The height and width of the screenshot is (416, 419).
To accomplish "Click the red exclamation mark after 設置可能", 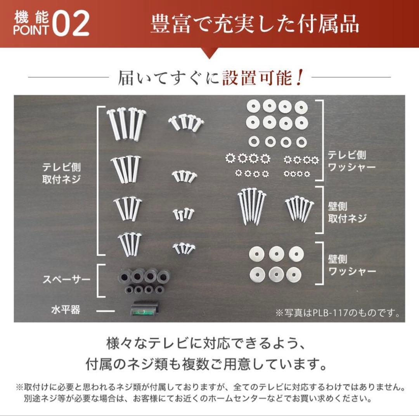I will point(298,78).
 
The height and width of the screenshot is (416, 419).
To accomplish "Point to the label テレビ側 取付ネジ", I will point(62,173).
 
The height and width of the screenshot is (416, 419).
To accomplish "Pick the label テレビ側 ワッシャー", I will point(351,161).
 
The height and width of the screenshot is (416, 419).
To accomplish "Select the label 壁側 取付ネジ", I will point(347,212).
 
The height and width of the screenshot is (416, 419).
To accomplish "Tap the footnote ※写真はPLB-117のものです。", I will point(338,313).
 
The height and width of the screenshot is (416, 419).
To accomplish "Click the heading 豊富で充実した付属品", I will point(255,24).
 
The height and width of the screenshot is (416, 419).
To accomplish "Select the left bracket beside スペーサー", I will point(99,280).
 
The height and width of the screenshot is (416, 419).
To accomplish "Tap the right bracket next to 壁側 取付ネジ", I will point(322,210).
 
